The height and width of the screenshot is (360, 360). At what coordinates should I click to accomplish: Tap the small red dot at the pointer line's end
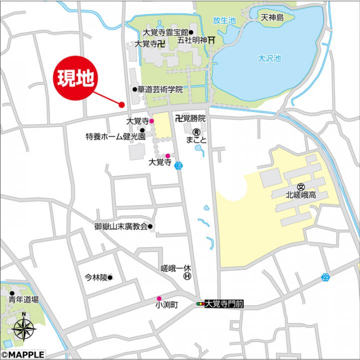click(121, 104)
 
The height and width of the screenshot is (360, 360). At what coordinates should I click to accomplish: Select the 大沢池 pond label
click(269, 58)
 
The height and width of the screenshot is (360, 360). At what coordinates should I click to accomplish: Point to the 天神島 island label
click(271, 18)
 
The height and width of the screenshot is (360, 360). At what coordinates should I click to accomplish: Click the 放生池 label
click(223, 20)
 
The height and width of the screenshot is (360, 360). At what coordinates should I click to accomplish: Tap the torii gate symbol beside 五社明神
click(212, 40)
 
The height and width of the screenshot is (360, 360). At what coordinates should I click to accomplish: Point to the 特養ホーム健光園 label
click(115, 135)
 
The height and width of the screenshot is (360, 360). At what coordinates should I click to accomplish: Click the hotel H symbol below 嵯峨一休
click(186, 275)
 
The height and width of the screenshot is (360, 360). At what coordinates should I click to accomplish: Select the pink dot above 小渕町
click(159, 298)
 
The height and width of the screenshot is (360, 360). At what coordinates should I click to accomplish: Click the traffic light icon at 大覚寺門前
click(200, 303)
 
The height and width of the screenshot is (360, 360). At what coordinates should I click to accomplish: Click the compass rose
click(24, 330)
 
